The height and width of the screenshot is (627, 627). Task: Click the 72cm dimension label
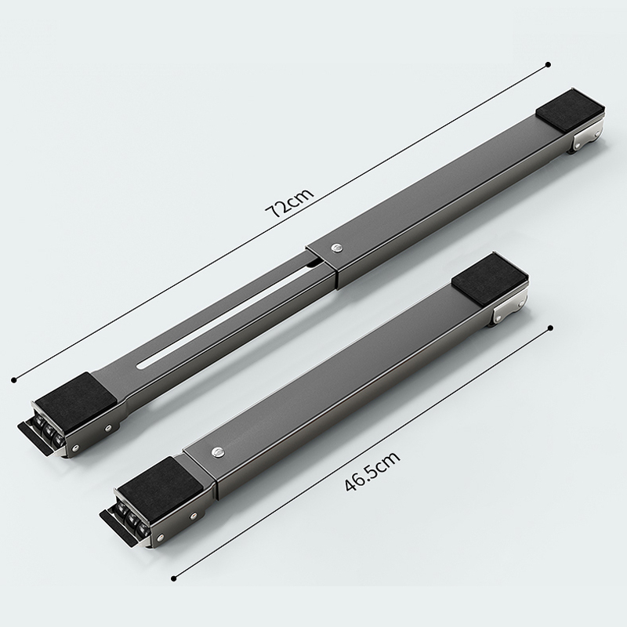[290, 203]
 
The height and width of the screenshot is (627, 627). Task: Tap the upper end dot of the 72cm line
[548, 64]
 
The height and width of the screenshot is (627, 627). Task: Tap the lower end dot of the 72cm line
[14, 380]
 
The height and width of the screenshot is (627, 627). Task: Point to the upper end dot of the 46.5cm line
[551, 328]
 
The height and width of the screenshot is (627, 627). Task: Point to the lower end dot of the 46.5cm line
[173, 578]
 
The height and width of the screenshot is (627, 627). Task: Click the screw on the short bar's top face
[218, 453]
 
